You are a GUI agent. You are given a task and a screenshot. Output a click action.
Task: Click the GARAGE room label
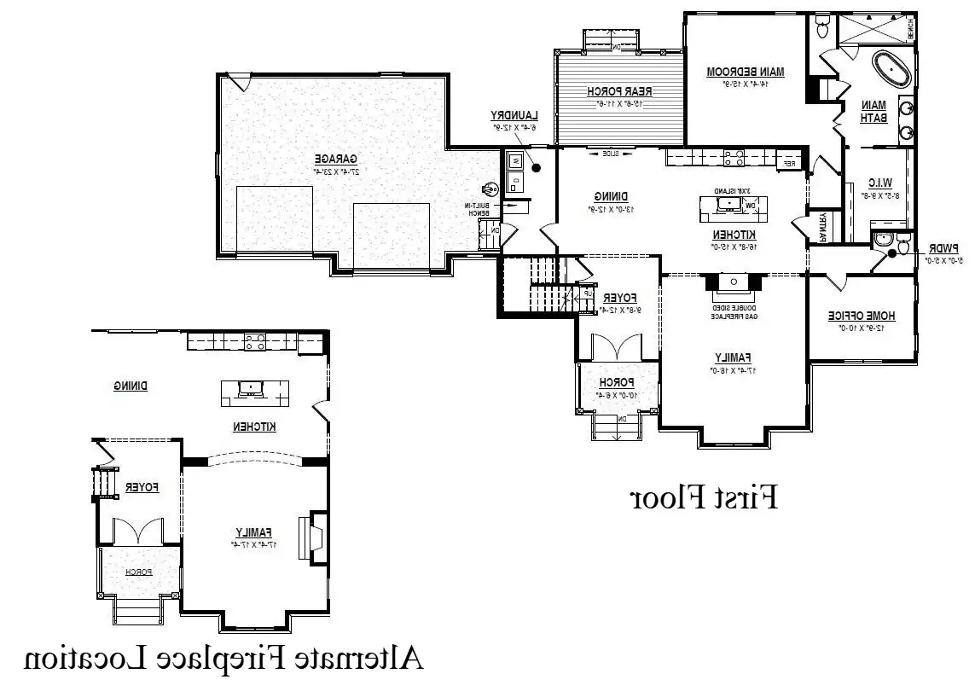pos(335,159)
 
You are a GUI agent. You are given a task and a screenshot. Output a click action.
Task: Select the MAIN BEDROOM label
pos(746,73)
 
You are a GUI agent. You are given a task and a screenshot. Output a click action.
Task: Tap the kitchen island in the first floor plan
pos(734,205)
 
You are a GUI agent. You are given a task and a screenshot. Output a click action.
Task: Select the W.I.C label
pos(879,183)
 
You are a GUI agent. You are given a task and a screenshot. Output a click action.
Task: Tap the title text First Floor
pos(704,497)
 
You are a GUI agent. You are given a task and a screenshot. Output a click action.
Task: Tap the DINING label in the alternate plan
pos(131,386)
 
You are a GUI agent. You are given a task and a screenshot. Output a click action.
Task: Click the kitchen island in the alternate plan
pos(254,392)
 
